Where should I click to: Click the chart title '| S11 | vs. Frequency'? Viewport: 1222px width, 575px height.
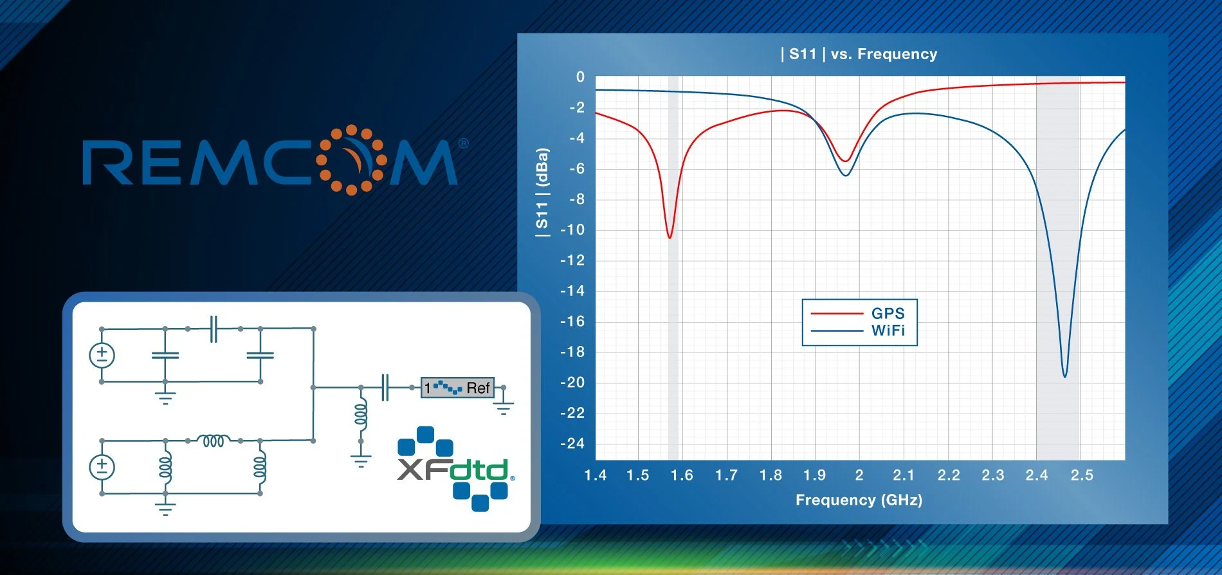(859, 54)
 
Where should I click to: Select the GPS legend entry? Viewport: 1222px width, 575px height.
(888, 313)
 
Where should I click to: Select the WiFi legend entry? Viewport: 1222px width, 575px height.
(888, 331)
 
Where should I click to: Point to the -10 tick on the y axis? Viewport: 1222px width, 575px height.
(572, 230)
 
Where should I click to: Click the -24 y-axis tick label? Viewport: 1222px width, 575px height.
(572, 444)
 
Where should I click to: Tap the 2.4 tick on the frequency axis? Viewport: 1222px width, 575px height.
(1036, 475)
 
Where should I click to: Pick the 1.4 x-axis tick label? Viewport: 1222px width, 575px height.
(595, 475)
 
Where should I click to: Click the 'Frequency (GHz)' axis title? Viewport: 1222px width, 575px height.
(859, 500)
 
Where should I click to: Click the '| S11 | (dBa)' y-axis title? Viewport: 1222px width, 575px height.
(542, 193)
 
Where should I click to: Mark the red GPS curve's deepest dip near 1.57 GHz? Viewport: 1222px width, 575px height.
(670, 237)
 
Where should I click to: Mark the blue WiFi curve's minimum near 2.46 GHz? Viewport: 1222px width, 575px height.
(1064, 376)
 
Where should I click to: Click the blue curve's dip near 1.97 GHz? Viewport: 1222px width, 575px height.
(846, 175)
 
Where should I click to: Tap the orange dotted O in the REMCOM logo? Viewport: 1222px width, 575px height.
(351, 160)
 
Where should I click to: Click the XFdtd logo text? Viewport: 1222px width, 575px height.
(453, 470)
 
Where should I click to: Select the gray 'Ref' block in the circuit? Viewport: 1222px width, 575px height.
(457, 388)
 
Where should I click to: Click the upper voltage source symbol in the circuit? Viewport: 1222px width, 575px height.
(102, 355)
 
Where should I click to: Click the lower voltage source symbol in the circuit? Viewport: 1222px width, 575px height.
(102, 467)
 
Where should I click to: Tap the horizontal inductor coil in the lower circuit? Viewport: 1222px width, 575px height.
(213, 441)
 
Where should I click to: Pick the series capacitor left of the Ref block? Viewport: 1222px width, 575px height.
(385, 387)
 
